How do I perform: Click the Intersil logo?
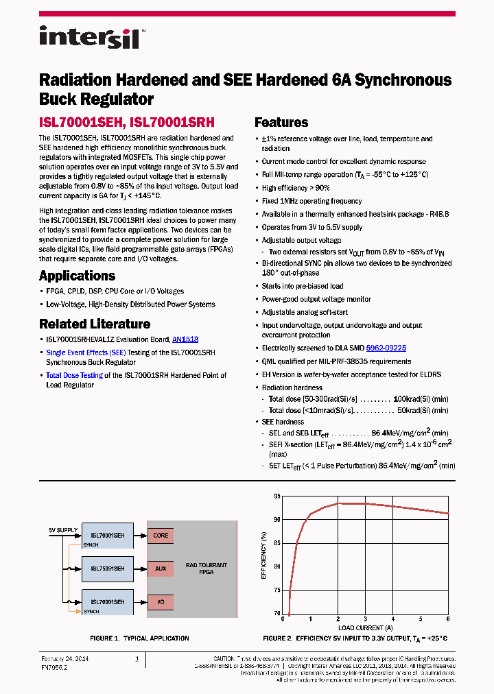coord(89,36)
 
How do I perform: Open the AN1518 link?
coord(185,339)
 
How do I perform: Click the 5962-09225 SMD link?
coord(386,348)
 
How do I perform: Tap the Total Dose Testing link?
coord(74,375)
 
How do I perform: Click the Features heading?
coord(281,123)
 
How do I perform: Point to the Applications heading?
coord(77,276)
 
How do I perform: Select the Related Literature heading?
coord(94,324)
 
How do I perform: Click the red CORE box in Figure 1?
coord(161,536)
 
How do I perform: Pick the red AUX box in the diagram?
coord(161,569)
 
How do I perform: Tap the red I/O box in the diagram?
coord(161,602)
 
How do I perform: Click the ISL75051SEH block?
coord(108,569)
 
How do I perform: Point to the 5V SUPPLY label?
coord(63,530)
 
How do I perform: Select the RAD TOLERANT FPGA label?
coord(206,569)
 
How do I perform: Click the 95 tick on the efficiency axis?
coord(277,496)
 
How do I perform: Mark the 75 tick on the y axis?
coord(277,590)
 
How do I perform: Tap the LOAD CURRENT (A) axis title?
coord(365,627)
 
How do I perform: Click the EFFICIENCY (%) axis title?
coord(264,555)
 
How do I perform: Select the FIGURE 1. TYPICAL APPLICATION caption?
coord(139,638)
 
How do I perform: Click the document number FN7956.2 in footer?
coord(54,667)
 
